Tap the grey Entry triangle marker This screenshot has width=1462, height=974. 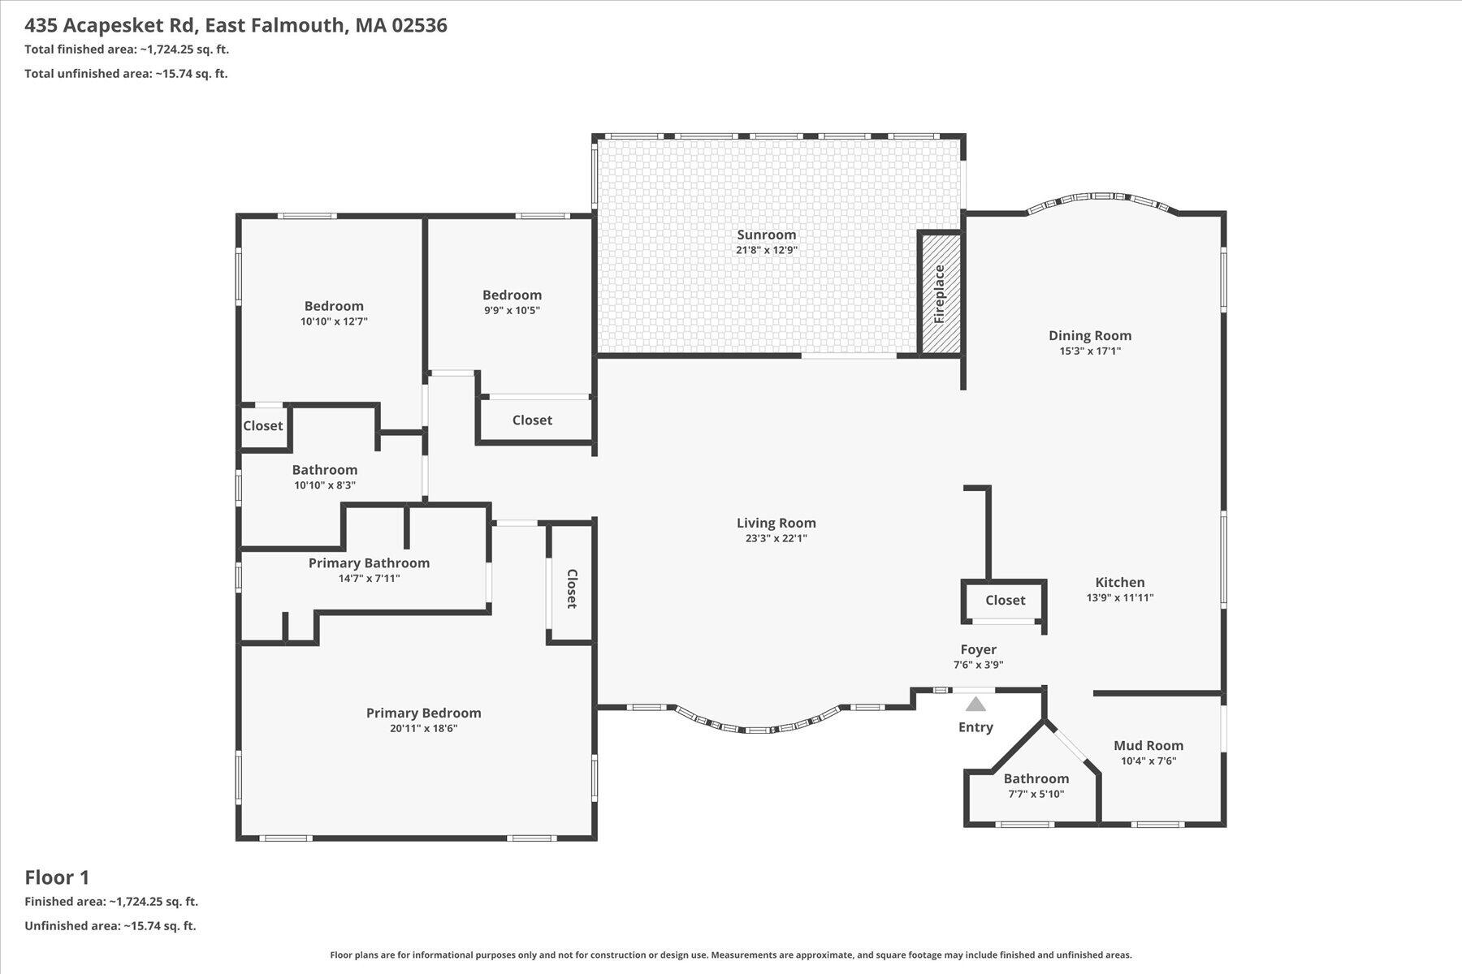975,704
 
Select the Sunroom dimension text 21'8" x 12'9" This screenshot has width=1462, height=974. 766,250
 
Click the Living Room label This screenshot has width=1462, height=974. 776,523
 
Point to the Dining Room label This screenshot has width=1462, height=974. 1089,335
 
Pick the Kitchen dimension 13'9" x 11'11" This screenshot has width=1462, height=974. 1119,597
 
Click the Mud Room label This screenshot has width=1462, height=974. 1148,745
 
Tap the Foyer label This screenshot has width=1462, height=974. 978,649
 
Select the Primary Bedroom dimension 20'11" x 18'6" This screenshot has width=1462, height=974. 423,728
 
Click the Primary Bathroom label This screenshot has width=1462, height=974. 369,562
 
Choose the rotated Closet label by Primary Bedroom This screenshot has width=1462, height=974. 571,588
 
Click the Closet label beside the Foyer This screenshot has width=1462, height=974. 1005,600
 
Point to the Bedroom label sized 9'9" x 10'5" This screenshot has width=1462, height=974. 512,295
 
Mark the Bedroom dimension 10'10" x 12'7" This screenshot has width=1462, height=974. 334,321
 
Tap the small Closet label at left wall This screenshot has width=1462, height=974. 262,425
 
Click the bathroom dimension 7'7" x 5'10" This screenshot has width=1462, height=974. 1036,794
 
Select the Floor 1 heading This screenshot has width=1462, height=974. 57,877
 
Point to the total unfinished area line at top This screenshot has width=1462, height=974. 126,73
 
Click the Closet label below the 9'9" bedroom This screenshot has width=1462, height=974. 532,420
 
